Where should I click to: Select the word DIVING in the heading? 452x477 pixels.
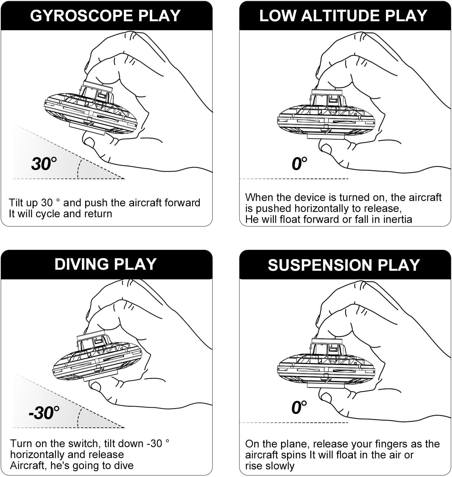(x=81, y=264)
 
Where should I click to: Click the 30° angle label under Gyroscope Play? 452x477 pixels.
(x=44, y=164)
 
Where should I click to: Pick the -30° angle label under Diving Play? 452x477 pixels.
(x=44, y=413)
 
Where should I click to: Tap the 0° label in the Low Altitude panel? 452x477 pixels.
(x=299, y=164)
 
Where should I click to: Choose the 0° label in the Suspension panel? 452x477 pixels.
(x=299, y=408)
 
